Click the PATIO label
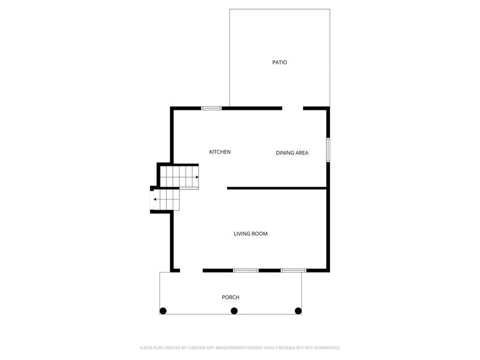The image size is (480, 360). (x=279, y=62)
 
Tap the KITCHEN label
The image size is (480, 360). (x=220, y=152)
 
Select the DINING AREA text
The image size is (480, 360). (x=292, y=153)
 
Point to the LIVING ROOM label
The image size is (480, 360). (x=251, y=234)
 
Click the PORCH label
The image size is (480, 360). (x=230, y=297)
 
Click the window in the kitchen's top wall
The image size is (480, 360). (x=211, y=108)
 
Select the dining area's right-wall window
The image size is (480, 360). (x=328, y=150)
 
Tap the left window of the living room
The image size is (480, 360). (x=246, y=270)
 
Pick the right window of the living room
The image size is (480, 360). (x=294, y=270)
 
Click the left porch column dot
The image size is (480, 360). (x=163, y=311)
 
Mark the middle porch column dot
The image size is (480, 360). (x=234, y=311)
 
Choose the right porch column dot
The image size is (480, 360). (x=298, y=311)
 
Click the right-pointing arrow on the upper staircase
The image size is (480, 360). (x=197, y=177)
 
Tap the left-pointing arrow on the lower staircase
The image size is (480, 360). (x=155, y=199)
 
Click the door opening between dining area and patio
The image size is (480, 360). (x=292, y=108)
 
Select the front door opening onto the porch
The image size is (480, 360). (x=191, y=270)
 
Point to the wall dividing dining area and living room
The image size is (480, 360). (x=276, y=188)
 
